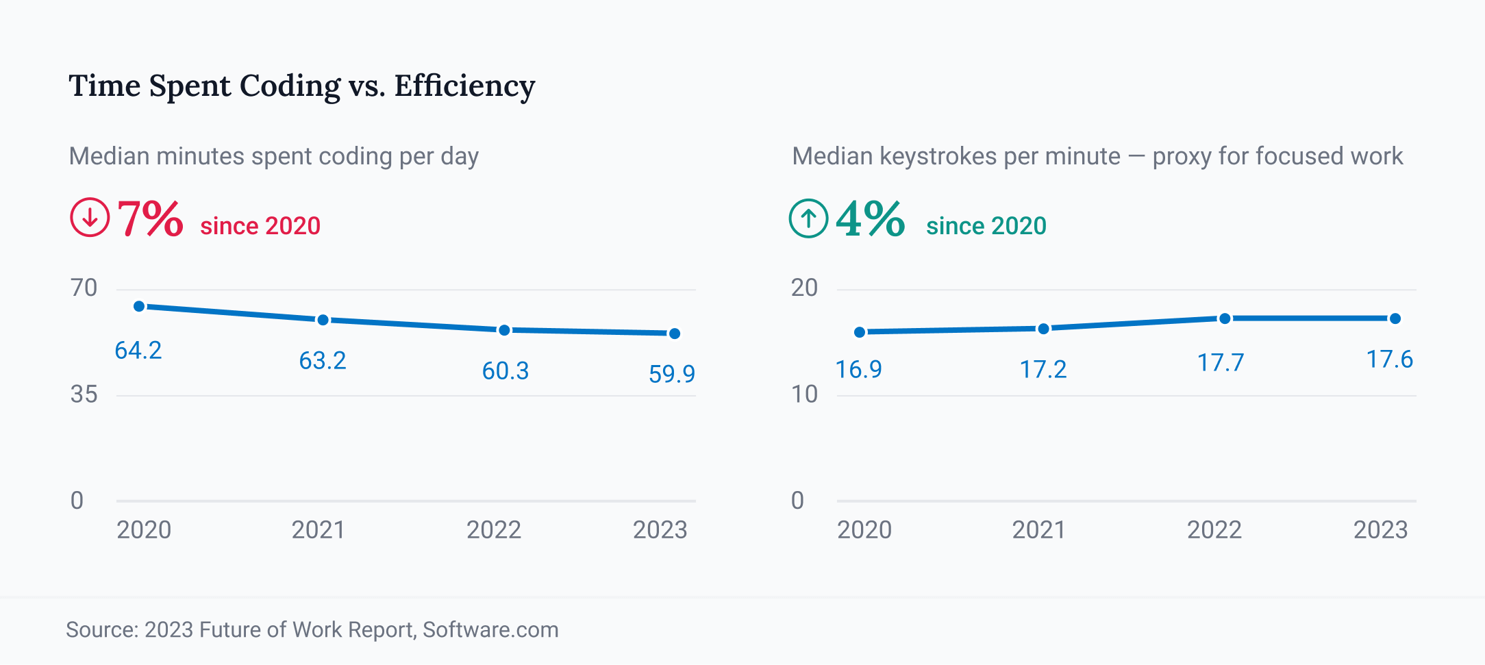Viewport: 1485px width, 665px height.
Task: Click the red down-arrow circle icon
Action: click(x=90, y=218)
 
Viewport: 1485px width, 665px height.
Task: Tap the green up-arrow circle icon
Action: click(x=808, y=218)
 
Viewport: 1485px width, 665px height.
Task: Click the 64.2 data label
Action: click(x=138, y=351)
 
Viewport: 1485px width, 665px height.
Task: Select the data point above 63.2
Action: click(x=323, y=320)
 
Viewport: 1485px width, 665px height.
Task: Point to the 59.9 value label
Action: click(x=671, y=374)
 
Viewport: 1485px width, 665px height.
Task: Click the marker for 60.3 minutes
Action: click(x=504, y=330)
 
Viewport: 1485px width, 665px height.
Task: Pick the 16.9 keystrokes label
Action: click(x=858, y=370)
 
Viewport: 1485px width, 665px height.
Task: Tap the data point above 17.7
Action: click(x=1225, y=318)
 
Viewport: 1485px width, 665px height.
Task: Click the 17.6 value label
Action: click(x=1389, y=360)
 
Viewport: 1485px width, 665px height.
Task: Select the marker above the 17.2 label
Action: click(x=1043, y=329)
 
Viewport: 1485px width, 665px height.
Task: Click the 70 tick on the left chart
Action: click(x=84, y=288)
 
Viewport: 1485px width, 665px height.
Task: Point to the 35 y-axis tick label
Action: click(x=84, y=394)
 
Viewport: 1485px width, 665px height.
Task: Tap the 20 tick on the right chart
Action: click(x=804, y=288)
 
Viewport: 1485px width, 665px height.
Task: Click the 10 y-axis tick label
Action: click(x=804, y=394)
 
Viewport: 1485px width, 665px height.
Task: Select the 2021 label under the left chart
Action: click(x=319, y=529)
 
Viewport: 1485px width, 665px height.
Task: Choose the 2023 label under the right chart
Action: click(x=1380, y=529)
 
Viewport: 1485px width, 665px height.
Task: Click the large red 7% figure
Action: click(x=150, y=219)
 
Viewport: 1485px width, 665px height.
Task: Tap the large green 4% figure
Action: click(x=871, y=219)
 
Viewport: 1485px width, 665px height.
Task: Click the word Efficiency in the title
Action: click(x=464, y=86)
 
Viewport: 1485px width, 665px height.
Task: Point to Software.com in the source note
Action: click(x=490, y=629)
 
